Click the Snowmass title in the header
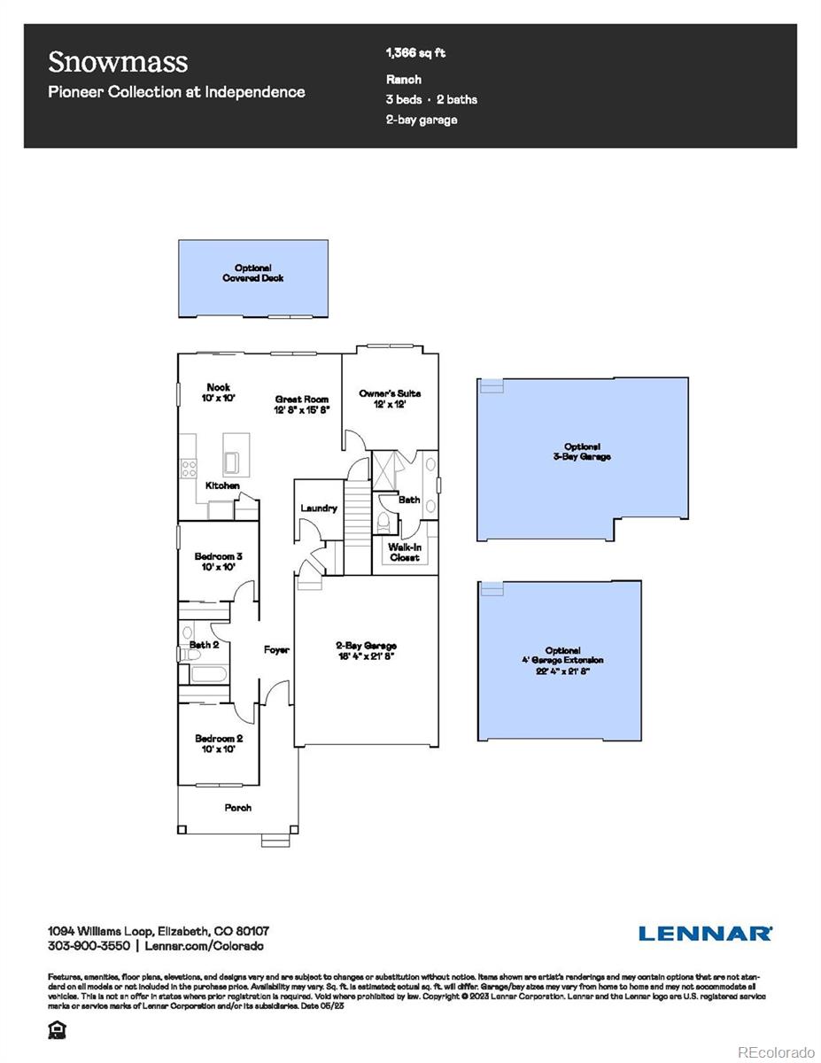118,62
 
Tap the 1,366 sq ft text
415,53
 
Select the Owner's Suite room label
390,399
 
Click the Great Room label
302,405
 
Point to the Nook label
219,392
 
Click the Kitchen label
222,485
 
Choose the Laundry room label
319,508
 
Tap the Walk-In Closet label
404,553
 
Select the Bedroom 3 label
219,562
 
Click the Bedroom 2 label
219,743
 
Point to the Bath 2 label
205,645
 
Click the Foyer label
276,650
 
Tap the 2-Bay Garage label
366,651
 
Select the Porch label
237,808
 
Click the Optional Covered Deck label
253,273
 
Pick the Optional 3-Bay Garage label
582,452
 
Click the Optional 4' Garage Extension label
562,661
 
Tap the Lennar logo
705,933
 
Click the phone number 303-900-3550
89,946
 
